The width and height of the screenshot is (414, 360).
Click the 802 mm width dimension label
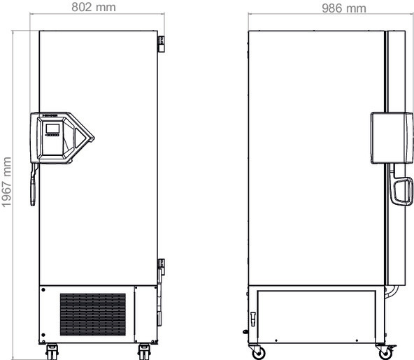click(94, 8)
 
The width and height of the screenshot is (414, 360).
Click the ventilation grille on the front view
click(92, 314)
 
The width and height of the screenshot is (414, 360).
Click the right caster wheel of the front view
click(144, 350)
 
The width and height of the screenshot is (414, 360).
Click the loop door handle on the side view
click(401, 192)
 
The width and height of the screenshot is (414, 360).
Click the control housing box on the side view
click(388, 136)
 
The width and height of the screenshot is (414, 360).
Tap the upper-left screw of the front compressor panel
click(44, 289)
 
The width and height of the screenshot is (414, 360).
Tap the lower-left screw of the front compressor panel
click(44, 333)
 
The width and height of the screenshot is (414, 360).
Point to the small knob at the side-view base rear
click(245, 333)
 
